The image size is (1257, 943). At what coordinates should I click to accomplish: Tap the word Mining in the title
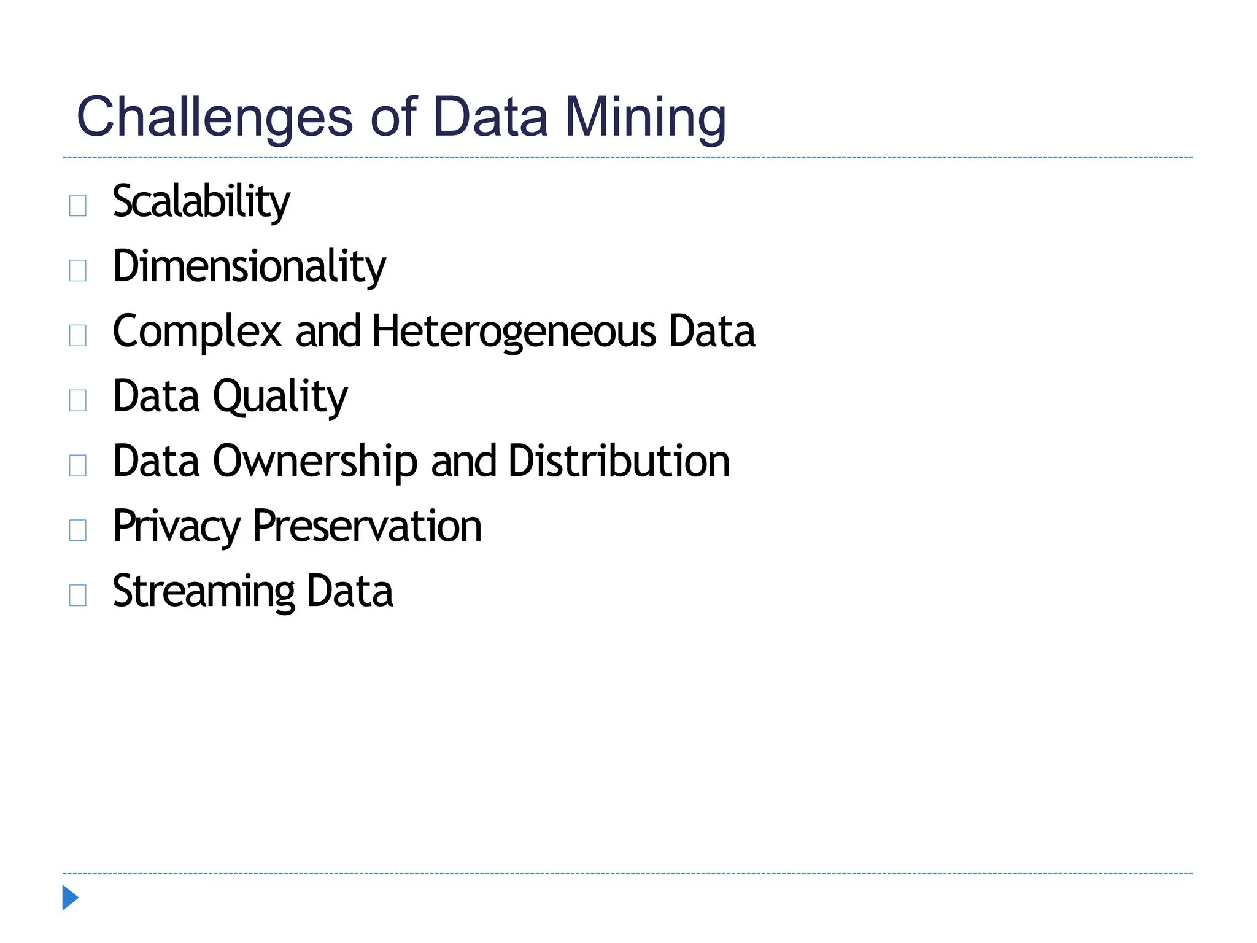[x=645, y=118]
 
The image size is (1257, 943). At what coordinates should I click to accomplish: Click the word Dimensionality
[x=249, y=266]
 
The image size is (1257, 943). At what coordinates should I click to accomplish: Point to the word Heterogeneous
[x=514, y=332]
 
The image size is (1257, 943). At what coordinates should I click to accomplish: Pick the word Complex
[x=197, y=332]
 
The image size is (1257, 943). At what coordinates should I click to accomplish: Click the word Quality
[x=280, y=397]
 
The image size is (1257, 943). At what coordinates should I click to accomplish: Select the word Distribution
[x=619, y=461]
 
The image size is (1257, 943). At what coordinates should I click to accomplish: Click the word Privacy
[x=177, y=527]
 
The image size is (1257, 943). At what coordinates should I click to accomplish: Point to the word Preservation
[x=367, y=527]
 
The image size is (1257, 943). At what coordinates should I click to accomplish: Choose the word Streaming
[x=204, y=592]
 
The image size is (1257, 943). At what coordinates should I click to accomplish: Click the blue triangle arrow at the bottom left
[x=70, y=898]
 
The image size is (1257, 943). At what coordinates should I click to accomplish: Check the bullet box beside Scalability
[x=78, y=205]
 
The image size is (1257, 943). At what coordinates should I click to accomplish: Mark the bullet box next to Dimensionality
[x=78, y=270]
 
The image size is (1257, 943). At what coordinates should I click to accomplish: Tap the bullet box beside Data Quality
[x=78, y=400]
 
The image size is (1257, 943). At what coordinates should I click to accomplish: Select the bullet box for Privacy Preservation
[x=78, y=530]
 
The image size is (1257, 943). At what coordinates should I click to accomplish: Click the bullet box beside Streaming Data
[x=78, y=595]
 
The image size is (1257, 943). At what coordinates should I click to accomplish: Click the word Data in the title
[x=490, y=118]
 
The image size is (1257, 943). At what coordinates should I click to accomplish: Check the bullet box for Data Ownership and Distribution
[x=78, y=465]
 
